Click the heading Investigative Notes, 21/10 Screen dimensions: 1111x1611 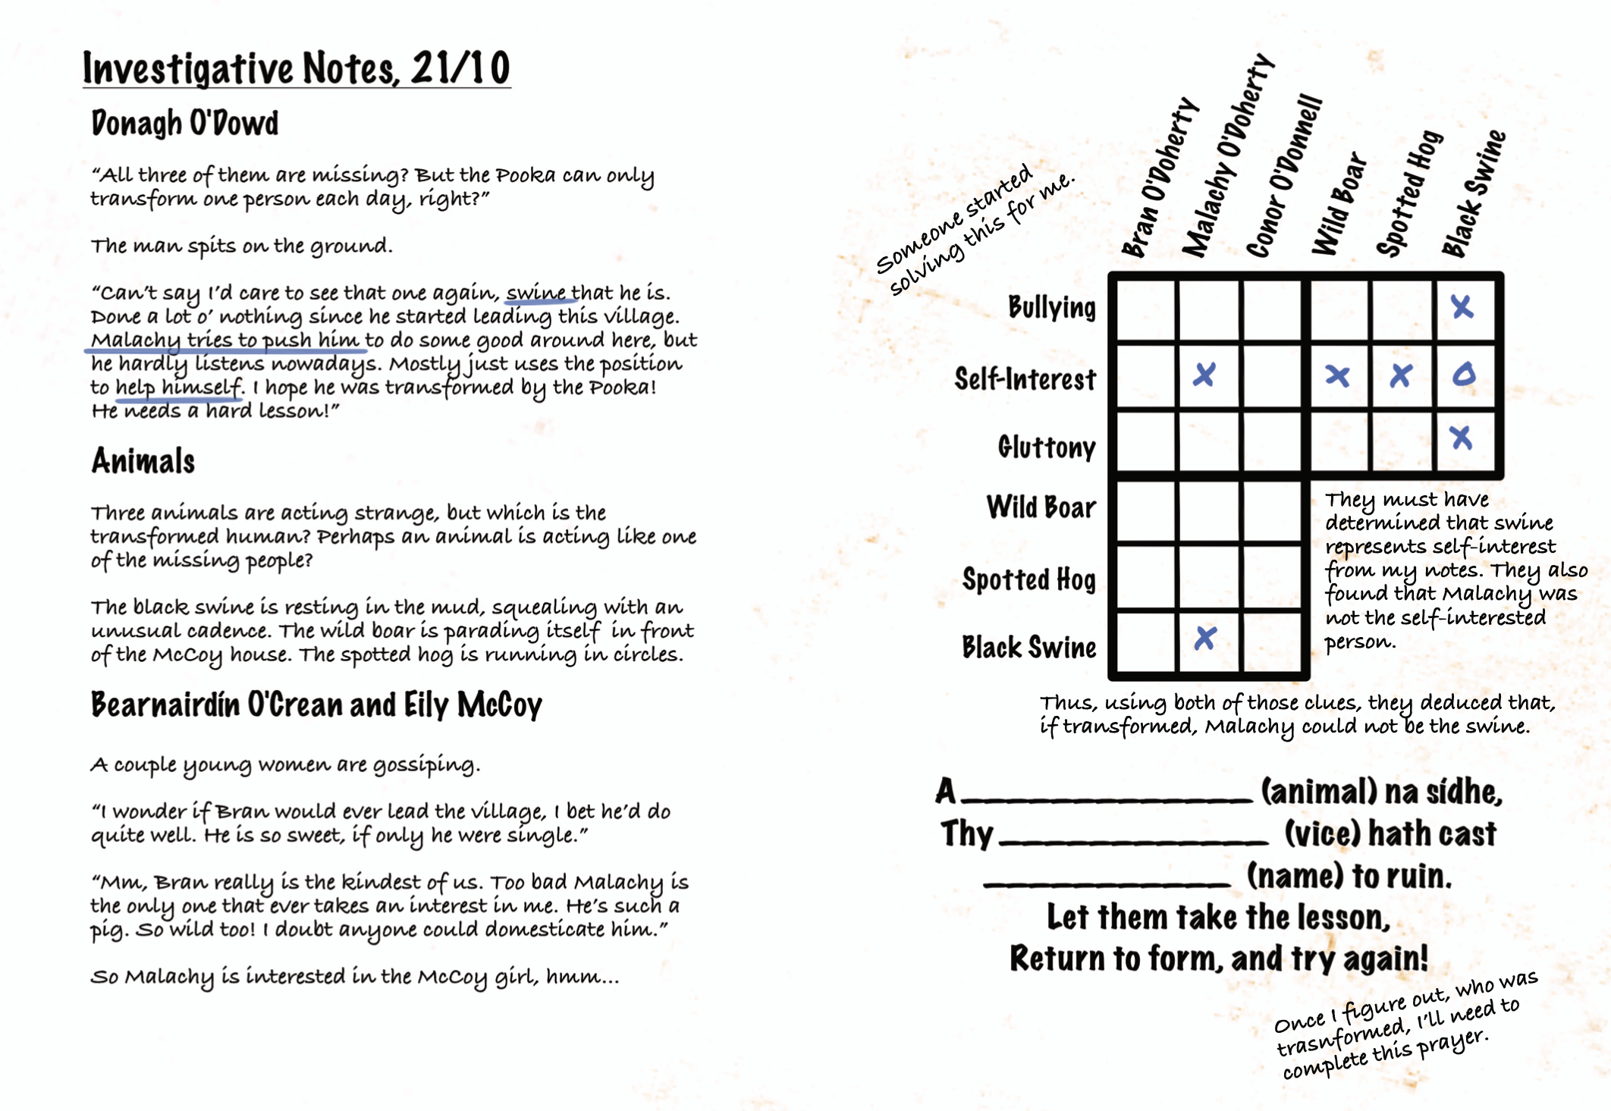296,68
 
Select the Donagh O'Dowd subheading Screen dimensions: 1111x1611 185,123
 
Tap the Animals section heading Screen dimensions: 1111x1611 143,461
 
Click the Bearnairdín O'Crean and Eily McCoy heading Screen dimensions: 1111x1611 316,705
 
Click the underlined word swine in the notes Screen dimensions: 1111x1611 535,293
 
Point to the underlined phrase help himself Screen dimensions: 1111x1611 178,388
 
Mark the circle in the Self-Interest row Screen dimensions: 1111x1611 1464,375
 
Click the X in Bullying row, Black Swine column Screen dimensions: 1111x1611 1462,307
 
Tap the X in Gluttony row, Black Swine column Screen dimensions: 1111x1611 1461,438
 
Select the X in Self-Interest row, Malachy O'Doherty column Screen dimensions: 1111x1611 1204,375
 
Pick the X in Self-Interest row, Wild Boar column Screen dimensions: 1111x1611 1337,375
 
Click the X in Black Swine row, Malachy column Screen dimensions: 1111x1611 1205,639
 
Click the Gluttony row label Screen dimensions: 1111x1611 1047,447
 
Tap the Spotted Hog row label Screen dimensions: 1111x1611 1029,579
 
